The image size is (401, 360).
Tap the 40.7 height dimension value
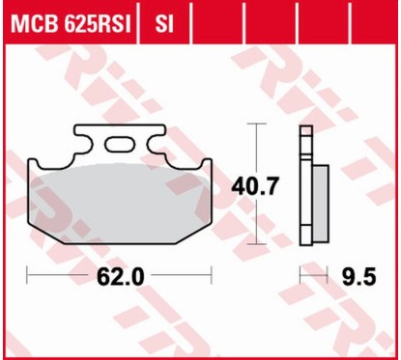(x=253, y=185)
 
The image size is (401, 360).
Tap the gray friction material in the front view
(x=121, y=198)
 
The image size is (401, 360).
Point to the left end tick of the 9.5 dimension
(x=301, y=277)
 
